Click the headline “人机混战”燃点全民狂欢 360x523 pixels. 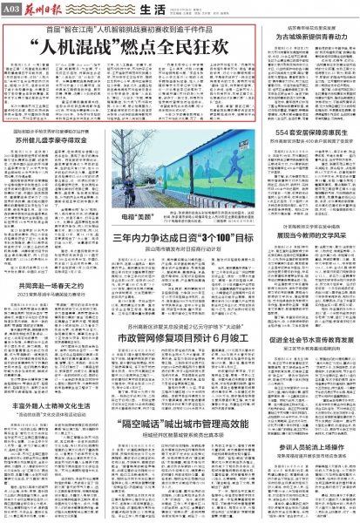[x=130, y=44]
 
